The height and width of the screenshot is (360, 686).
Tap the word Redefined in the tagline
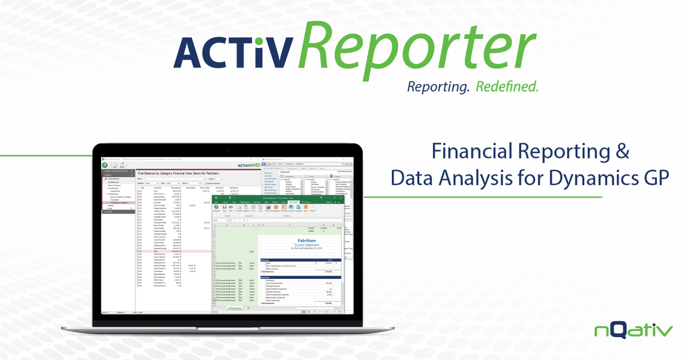(506, 87)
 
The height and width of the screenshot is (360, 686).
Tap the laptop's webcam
(228, 150)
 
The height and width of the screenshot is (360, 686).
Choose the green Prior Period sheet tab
(235, 308)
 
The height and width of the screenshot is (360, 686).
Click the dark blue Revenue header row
(298, 260)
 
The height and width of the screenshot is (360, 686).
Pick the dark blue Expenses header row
(298, 277)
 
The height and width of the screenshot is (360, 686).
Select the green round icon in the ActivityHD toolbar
(105, 164)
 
